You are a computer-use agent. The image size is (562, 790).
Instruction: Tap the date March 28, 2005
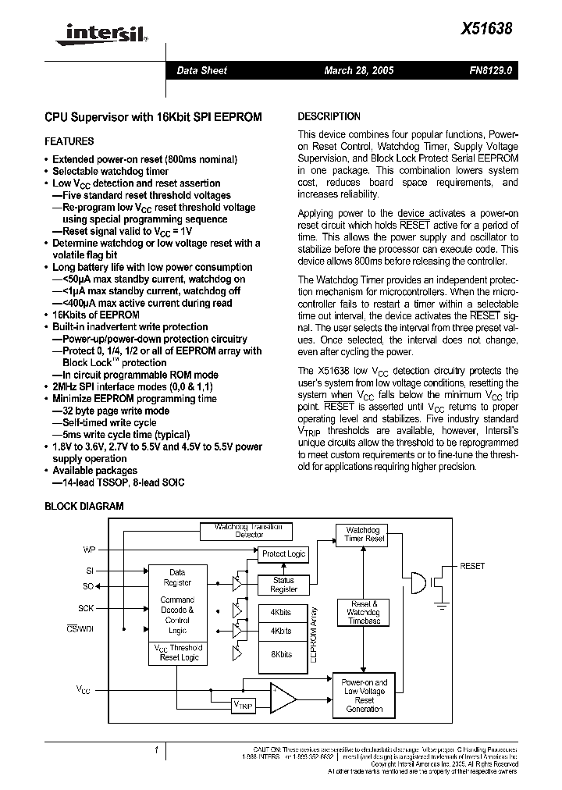click(359, 70)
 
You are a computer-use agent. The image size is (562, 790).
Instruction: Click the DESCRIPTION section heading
click(329, 116)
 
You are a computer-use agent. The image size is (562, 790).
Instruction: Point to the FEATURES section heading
click(69, 141)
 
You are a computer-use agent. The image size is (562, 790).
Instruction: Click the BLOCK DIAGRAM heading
click(84, 506)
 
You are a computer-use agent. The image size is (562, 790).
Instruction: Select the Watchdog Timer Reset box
click(365, 534)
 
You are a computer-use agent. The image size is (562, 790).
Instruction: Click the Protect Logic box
click(283, 553)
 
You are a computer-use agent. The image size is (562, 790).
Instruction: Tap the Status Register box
click(283, 585)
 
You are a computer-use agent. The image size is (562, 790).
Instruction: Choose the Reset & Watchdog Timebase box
click(365, 611)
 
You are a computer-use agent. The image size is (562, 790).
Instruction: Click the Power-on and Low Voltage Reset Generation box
click(365, 695)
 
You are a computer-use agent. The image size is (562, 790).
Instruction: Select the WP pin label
click(89, 550)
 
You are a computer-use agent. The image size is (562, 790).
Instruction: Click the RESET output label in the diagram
click(472, 566)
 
